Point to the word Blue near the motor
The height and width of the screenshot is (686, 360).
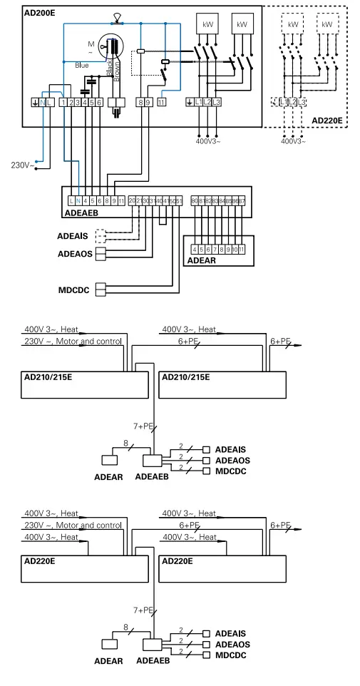pos(82,65)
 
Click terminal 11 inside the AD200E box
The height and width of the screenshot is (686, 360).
pos(162,103)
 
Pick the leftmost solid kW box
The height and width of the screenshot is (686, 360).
pos(205,24)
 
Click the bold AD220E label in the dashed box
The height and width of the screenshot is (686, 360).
pos(327,121)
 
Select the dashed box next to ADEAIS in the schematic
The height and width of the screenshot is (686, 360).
pos(100,235)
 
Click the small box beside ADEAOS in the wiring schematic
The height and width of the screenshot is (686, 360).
pos(100,253)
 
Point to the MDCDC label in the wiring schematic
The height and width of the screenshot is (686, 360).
pos(77,290)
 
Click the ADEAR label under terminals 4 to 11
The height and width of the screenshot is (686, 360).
pos(202,260)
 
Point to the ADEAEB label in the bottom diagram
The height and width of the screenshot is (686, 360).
pos(151,661)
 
